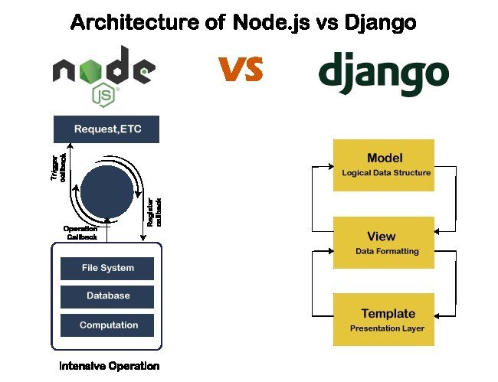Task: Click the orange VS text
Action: [x=241, y=68]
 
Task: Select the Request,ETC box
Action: [x=106, y=129]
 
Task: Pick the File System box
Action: [x=107, y=268]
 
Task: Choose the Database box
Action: [x=107, y=295]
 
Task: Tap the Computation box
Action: [x=108, y=325]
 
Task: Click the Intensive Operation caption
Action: [x=110, y=366]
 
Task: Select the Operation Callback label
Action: [x=80, y=232]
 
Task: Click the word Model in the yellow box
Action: [x=385, y=158]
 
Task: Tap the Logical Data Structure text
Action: [x=385, y=173]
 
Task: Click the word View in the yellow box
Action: [x=382, y=237]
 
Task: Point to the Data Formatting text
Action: [x=387, y=251]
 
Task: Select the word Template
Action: [x=388, y=313]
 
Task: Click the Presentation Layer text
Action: [x=387, y=328]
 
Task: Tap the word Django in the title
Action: [x=382, y=23]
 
